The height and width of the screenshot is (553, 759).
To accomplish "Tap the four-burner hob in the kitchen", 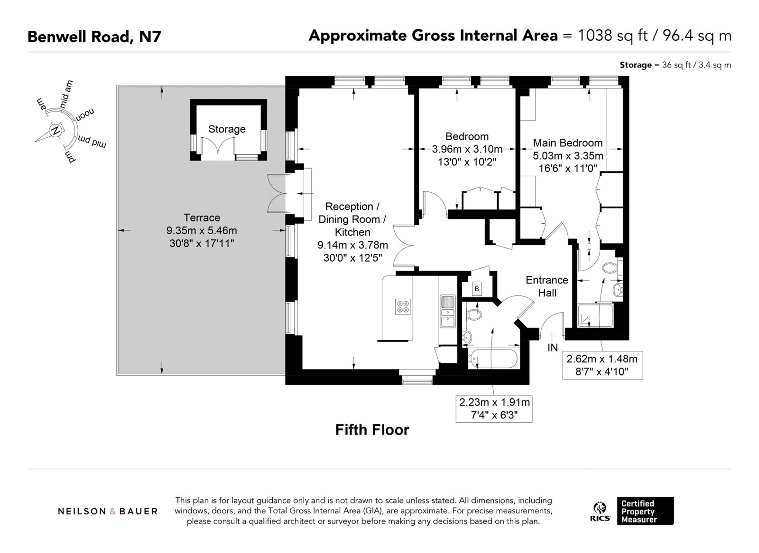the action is (403, 307).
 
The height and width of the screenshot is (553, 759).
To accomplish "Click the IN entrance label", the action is (553, 348).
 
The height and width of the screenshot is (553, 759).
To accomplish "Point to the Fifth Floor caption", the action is (372, 430).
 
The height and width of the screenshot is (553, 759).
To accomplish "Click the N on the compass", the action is (56, 130).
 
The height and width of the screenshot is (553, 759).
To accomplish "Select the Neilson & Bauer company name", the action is (108, 511).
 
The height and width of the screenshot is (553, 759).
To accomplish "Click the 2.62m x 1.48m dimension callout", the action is (602, 365).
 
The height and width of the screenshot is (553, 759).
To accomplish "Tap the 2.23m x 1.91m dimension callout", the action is (494, 408).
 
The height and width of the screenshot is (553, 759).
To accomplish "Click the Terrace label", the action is (202, 218).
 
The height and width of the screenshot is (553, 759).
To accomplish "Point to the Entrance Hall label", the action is (547, 287).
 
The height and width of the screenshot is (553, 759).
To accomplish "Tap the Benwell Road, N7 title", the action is (94, 36).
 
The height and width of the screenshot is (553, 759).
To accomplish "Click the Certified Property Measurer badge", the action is (645, 511).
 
